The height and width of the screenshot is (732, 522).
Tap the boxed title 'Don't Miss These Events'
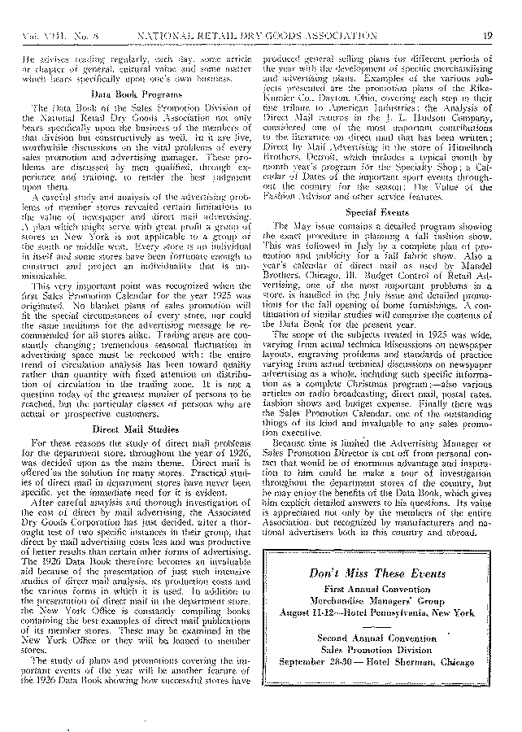(x=376, y=573)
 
